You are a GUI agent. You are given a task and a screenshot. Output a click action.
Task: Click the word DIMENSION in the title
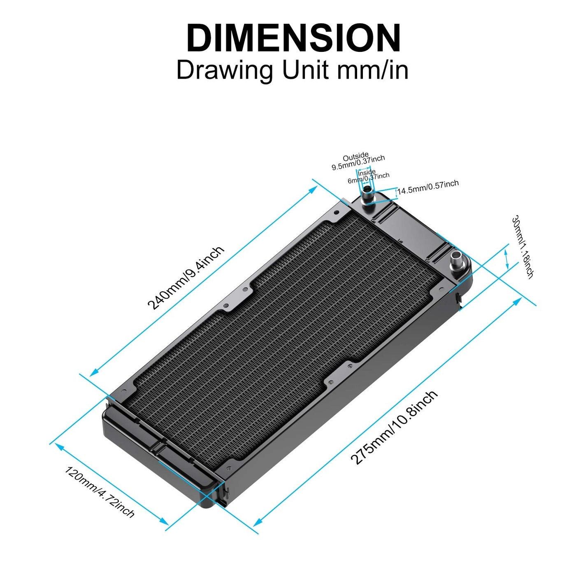click(x=293, y=38)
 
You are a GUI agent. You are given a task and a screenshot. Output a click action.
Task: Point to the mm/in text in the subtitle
click(x=373, y=70)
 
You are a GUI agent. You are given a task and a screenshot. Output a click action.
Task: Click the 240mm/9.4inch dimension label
click(x=186, y=278)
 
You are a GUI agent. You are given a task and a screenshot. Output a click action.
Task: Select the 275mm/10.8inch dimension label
click(x=394, y=428)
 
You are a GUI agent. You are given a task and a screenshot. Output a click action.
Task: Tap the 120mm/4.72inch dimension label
click(x=100, y=492)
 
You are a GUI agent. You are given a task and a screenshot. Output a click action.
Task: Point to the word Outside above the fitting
click(x=355, y=157)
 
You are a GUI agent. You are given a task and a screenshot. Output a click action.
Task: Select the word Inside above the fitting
click(x=366, y=172)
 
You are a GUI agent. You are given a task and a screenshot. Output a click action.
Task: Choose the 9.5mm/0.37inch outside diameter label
click(x=358, y=163)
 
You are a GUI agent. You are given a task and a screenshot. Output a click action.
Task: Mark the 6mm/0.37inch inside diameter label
click(x=369, y=178)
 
